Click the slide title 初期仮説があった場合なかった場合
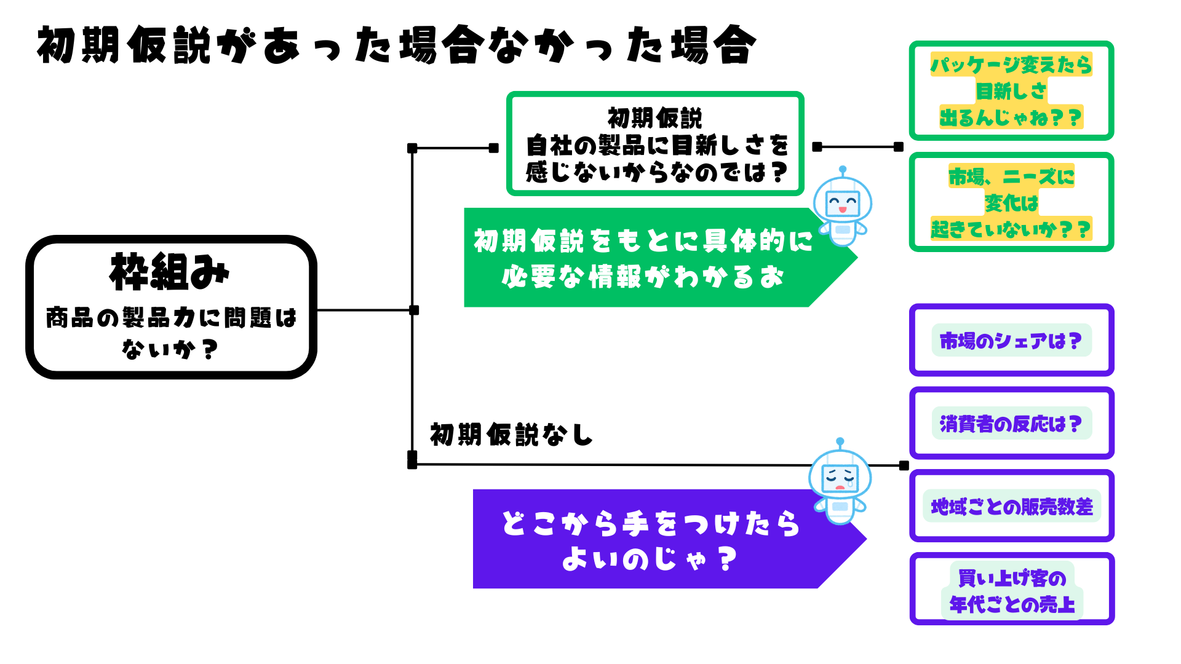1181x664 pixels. (x=397, y=45)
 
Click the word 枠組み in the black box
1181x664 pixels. (x=169, y=272)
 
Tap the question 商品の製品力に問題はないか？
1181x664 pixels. (x=171, y=333)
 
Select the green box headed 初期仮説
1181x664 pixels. (x=655, y=144)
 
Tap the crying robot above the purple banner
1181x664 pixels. (x=840, y=483)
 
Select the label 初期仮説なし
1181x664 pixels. (x=511, y=435)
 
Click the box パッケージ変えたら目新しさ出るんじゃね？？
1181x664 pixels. (x=1011, y=91)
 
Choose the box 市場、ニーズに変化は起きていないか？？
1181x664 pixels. (x=1011, y=202)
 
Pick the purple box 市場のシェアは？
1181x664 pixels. (x=1011, y=340)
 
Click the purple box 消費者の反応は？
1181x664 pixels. (x=1011, y=423)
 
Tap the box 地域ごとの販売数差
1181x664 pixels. (x=1011, y=506)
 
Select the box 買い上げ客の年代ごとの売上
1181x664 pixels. (x=1011, y=590)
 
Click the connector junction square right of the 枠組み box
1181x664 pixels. (x=414, y=310)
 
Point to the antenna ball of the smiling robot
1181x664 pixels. (x=843, y=169)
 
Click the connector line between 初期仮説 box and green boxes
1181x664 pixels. (x=858, y=147)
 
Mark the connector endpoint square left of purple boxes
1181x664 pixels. (x=904, y=465)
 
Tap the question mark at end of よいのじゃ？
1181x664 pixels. (x=727, y=559)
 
